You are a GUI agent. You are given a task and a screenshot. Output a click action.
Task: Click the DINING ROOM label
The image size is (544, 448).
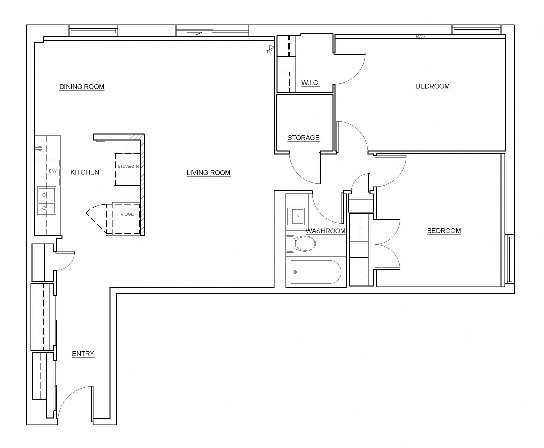coord(82,87)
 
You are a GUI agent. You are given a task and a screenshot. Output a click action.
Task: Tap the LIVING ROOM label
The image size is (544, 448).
coord(208,173)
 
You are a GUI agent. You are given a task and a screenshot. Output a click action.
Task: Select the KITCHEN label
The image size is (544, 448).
coord(85,172)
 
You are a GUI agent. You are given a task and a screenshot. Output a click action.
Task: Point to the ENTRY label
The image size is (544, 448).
coord(83,353)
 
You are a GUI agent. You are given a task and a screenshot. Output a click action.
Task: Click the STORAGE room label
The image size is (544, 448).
coord(303,137)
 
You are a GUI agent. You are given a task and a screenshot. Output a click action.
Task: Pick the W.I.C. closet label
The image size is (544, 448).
coord(310,83)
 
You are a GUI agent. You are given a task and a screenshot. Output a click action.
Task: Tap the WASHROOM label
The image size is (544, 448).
coord(325,231)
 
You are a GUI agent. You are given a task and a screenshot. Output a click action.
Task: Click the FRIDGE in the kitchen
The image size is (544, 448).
coord(126,214)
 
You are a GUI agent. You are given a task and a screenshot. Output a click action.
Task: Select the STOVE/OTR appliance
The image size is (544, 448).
coord(128,166)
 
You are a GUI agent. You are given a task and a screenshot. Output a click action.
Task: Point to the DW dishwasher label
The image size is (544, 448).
coord(53,171)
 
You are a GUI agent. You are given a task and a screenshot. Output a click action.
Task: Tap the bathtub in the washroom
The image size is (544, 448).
coord(315,272)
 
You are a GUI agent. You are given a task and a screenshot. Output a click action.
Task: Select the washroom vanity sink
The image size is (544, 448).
coord(296,216)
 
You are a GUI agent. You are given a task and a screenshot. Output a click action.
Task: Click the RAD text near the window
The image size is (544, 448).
coord(420,37)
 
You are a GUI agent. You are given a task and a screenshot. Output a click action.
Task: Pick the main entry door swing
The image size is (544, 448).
coord(75,402)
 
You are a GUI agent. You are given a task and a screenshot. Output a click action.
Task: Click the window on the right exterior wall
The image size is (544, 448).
coord(510,259)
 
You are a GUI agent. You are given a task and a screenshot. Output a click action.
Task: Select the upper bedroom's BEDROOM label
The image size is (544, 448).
coord(432,86)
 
